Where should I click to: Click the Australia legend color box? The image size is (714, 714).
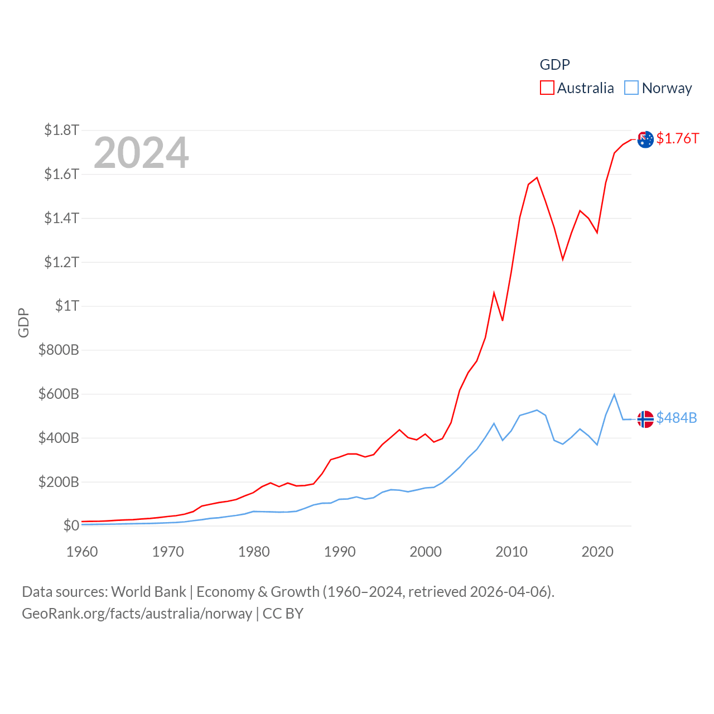click(547, 88)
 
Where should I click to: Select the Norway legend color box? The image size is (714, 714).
click(631, 88)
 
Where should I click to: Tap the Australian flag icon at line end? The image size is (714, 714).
click(645, 139)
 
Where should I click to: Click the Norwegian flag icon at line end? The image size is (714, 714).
click(645, 419)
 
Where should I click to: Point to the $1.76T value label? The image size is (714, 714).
click(677, 138)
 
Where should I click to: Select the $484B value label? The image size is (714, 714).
click(676, 418)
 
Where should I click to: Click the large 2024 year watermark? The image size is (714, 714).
click(141, 153)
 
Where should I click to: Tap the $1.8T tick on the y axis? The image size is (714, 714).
click(61, 130)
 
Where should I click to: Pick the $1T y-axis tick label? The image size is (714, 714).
click(67, 306)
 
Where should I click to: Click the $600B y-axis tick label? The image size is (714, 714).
click(59, 394)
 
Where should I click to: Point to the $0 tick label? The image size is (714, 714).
click(71, 525)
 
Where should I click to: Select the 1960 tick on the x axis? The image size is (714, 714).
click(82, 552)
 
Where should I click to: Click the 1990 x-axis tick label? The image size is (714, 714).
click(340, 552)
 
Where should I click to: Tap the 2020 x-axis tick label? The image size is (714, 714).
click(597, 552)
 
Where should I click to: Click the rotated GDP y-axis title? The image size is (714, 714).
click(23, 322)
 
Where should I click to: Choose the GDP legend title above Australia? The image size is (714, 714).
click(554, 65)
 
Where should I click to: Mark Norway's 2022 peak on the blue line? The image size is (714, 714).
click(614, 394)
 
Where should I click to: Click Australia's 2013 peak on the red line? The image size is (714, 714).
click(537, 178)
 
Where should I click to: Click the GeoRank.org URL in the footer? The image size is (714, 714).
click(137, 614)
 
